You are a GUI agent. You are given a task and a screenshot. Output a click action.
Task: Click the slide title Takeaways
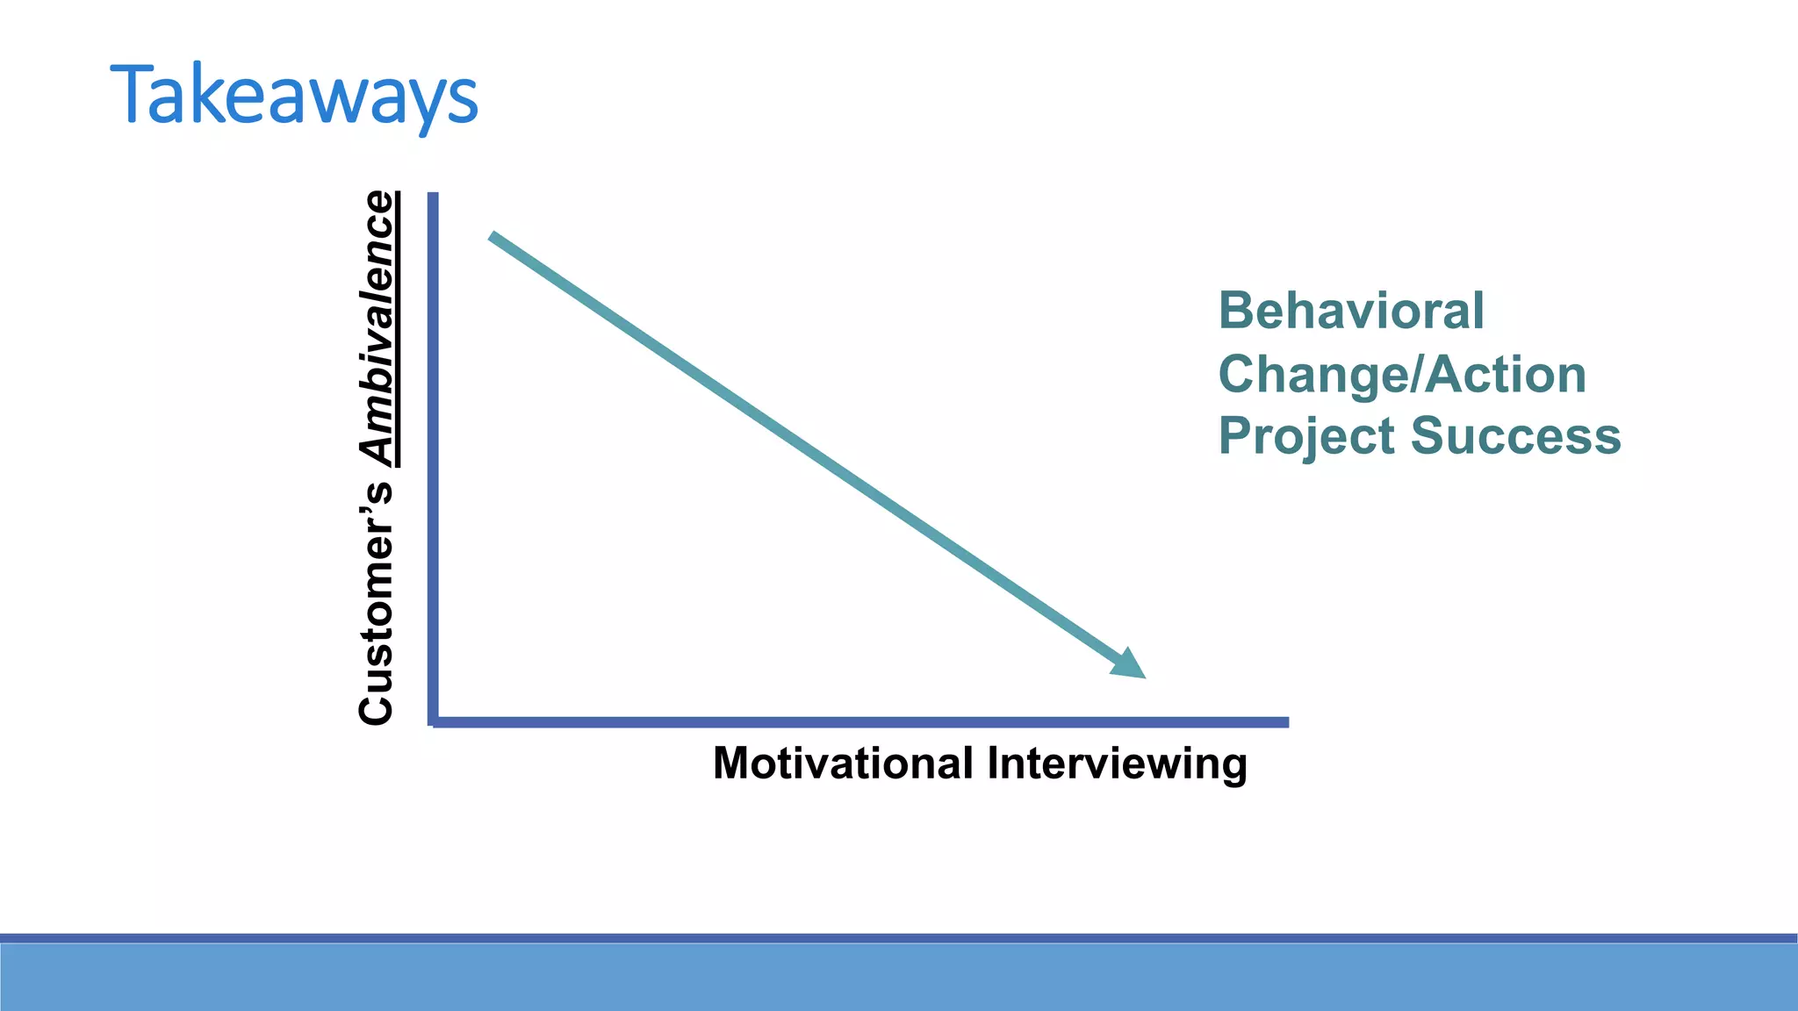[x=294, y=95]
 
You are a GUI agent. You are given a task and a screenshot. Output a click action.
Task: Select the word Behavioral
[x=1350, y=311]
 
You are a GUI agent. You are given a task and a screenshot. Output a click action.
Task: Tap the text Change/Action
[x=1402, y=374]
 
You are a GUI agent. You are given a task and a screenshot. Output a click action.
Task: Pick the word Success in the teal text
[x=1515, y=436]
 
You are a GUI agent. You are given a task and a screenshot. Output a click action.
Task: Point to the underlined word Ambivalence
[x=378, y=328]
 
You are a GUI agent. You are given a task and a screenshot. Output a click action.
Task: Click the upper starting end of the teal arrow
[x=494, y=237]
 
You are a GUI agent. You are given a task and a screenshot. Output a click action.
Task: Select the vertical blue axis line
[x=433, y=456]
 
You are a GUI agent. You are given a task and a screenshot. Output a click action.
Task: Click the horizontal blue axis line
[x=860, y=722]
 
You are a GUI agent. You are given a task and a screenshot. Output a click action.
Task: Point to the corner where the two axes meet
[x=433, y=722]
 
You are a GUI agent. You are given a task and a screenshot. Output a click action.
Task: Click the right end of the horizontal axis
[x=1285, y=722]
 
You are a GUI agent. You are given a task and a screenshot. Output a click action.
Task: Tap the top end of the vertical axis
[x=433, y=197]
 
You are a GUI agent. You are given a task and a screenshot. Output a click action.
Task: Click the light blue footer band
[x=899, y=978]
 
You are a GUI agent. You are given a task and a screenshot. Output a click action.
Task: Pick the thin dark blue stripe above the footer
[x=899, y=938]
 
